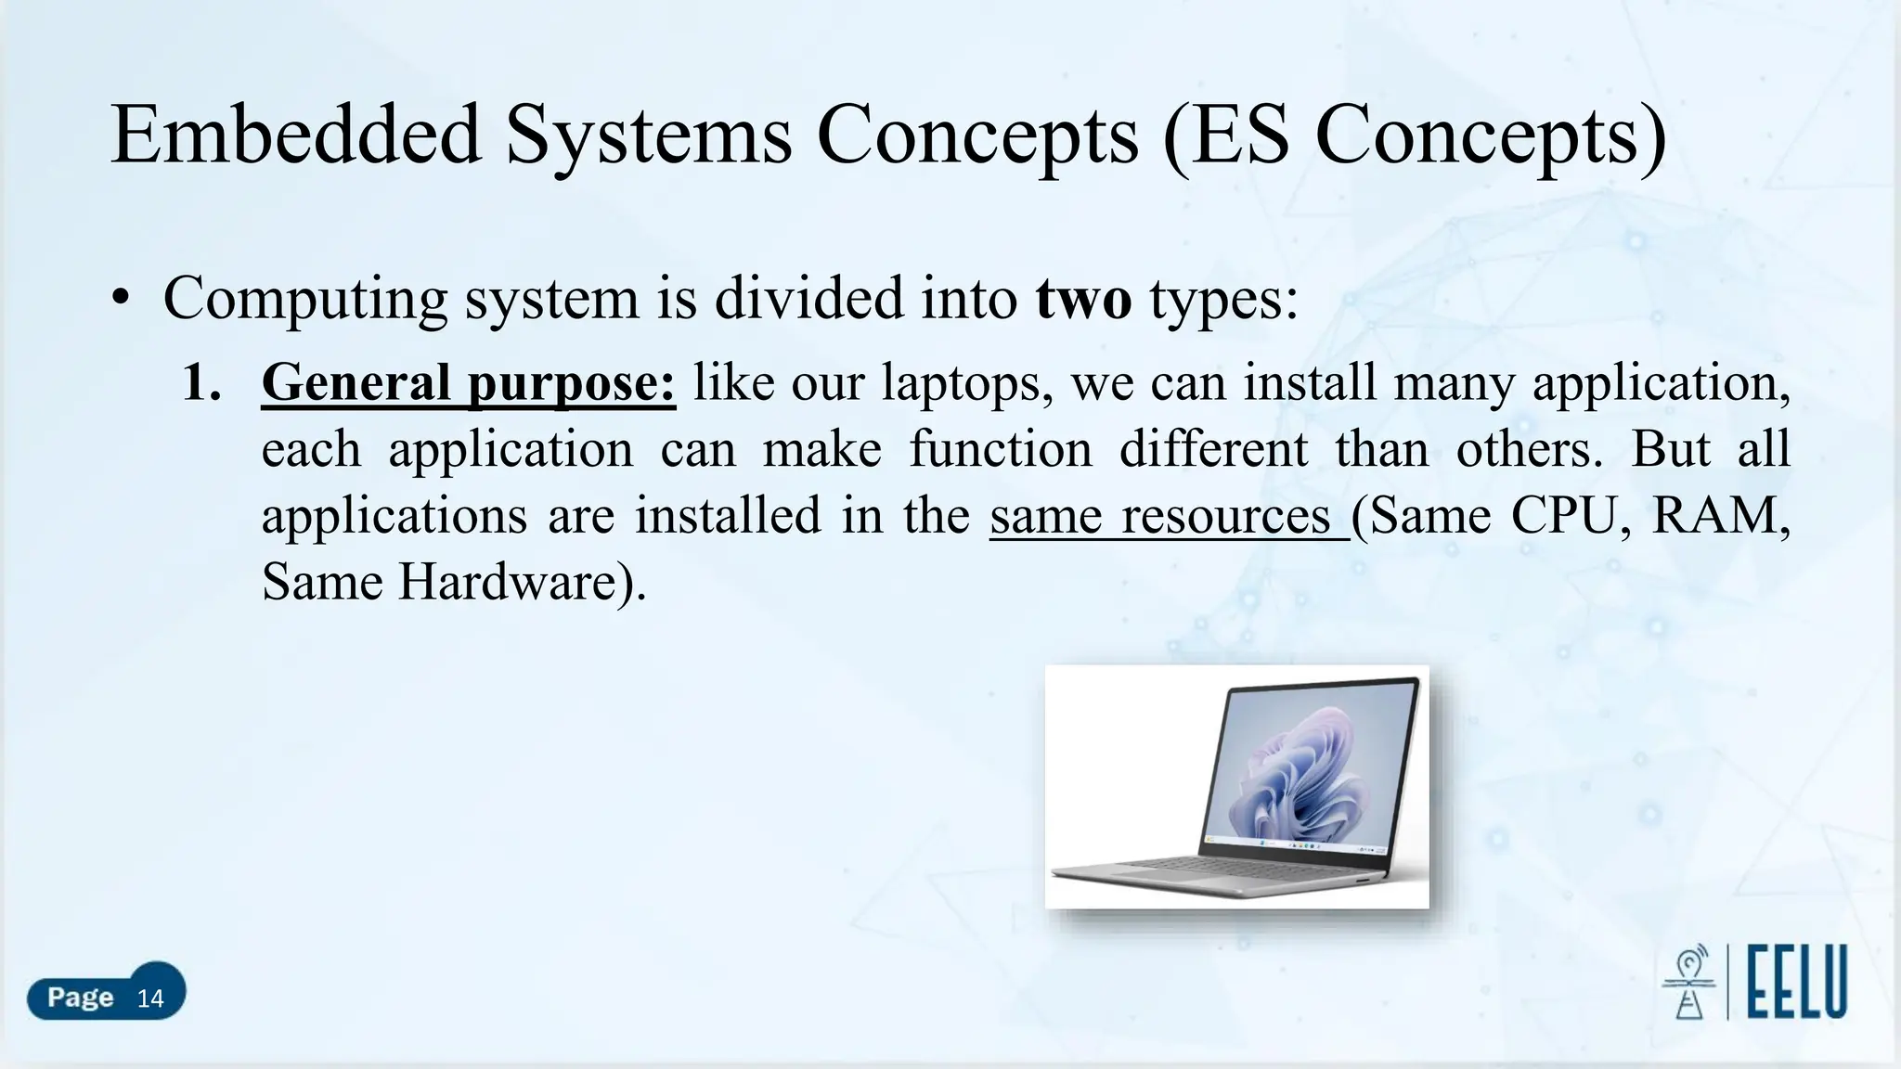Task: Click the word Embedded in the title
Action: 295,135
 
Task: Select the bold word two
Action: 1082,299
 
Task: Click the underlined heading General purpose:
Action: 468,382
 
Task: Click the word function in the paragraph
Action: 1000,449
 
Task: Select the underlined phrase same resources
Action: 1168,516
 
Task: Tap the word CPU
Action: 1569,516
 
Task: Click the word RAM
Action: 1719,516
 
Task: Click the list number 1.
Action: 200,382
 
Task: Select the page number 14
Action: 150,998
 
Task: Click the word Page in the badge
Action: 80,998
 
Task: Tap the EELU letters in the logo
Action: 1797,982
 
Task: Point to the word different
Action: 1213,449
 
